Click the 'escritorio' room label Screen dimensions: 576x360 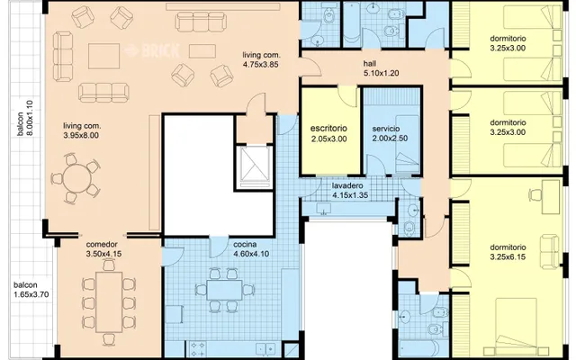[x=328, y=129]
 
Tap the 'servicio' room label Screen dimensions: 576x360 [x=386, y=129]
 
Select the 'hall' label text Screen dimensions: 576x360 [x=370, y=64]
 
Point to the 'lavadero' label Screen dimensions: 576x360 [x=347, y=186]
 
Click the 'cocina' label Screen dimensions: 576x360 [x=245, y=244]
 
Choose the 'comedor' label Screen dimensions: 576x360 [x=102, y=244]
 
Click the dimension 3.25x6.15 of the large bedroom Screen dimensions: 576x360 [x=508, y=256]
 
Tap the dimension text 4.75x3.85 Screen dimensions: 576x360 [x=260, y=65]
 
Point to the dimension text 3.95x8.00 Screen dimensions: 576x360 [x=81, y=135]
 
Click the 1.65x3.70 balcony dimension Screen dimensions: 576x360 [x=31, y=294]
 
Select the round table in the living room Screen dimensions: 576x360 [x=76, y=179]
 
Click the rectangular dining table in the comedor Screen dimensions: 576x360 [x=109, y=302]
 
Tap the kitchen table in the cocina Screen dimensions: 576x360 [x=224, y=290]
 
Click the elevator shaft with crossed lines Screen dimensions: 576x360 [x=254, y=168]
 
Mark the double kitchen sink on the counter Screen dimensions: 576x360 [x=265, y=348]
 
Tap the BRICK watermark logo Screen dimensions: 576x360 [x=152, y=50]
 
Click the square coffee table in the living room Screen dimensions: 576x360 [x=104, y=56]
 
